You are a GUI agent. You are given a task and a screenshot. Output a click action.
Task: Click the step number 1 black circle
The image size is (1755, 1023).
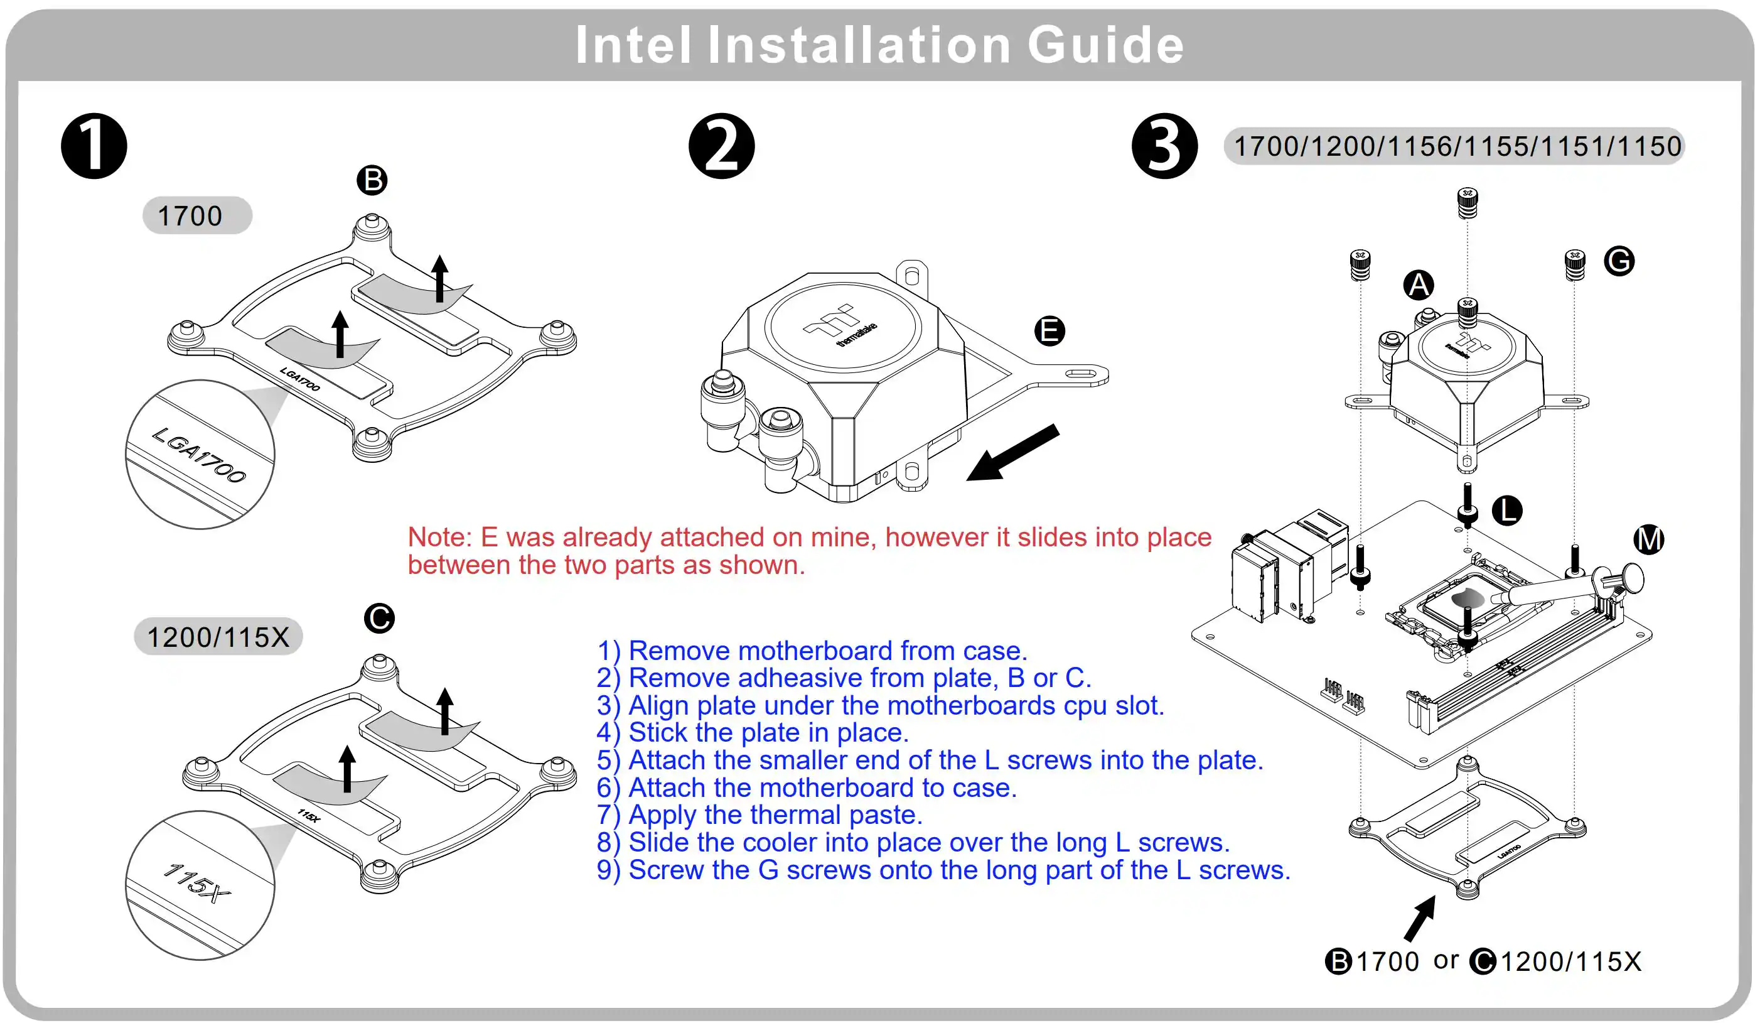coord(94,146)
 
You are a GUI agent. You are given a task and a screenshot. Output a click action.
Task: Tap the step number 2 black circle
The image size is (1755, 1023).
coord(721,146)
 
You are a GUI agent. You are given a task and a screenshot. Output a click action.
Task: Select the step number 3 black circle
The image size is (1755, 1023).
coord(1164,146)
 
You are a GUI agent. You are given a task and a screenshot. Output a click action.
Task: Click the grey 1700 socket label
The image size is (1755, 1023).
coord(197,215)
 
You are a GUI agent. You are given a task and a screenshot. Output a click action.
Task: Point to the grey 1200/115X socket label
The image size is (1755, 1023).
coord(218,636)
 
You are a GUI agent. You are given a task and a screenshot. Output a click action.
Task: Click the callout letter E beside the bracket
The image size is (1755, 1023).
coord(1049,331)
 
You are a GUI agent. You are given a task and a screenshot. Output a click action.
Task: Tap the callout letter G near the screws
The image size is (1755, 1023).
coord(1619,261)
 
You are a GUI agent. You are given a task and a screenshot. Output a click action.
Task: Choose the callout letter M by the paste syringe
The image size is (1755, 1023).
coord(1648,539)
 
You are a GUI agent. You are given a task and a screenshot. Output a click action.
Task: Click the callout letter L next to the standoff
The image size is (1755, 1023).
coord(1507,511)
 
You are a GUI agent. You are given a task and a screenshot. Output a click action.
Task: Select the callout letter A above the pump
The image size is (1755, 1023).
coord(1419,285)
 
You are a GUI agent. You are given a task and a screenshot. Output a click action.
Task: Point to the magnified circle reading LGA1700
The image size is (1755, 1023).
coord(200,455)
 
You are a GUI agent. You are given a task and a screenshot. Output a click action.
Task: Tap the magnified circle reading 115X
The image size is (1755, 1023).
coord(200,885)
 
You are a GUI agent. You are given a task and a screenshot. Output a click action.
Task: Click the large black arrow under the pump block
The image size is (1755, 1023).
coord(1013,453)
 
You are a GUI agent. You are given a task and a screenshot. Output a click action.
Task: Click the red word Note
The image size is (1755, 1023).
coord(439,538)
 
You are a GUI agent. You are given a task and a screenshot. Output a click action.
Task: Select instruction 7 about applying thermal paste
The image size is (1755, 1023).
coord(759,815)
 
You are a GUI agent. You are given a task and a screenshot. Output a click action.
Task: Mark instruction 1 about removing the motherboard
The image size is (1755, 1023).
coord(812,650)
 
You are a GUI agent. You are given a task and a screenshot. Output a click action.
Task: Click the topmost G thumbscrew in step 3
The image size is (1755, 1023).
coord(1468,203)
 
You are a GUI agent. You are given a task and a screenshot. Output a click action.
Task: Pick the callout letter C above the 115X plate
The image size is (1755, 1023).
coord(380,618)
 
